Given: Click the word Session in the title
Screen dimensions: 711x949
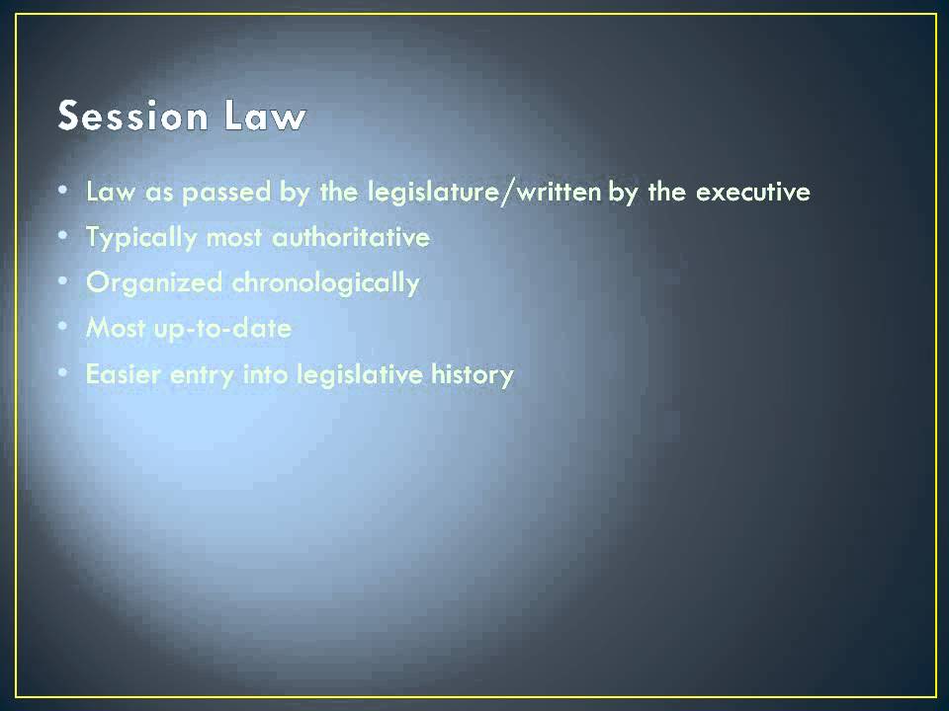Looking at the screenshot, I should [x=132, y=117].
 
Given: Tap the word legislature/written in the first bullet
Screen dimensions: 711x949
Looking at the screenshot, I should [x=483, y=192].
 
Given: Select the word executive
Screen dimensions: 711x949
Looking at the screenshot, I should [x=753, y=192].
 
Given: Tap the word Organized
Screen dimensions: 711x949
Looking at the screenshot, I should [x=154, y=283].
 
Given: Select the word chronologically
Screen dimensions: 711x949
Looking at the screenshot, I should [x=325, y=283].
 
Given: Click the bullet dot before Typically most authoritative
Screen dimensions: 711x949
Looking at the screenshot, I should [x=63, y=237].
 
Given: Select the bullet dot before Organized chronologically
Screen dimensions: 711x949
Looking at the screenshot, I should [x=63, y=282].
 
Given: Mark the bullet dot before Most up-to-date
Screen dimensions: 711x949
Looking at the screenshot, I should [x=63, y=328].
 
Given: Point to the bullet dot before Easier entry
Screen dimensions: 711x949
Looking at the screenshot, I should [x=63, y=374].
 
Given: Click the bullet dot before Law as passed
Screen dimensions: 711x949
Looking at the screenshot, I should [x=63, y=191].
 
